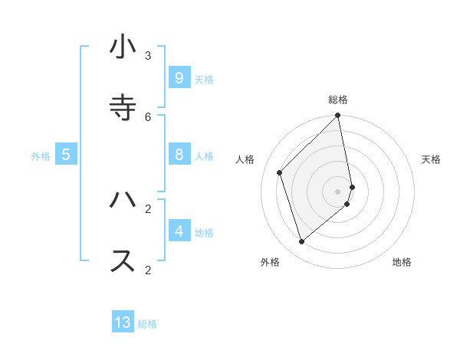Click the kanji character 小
(x=123, y=47)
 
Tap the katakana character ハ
(x=123, y=200)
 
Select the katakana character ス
(x=123, y=260)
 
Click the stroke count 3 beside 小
(x=148, y=56)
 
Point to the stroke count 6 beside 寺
(x=148, y=116)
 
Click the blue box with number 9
(x=179, y=78)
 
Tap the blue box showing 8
(x=179, y=155)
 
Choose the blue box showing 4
(x=179, y=231)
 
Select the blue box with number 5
(x=66, y=155)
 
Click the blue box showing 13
(x=123, y=322)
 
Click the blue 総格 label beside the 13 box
(x=147, y=324)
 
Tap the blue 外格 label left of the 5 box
(x=41, y=156)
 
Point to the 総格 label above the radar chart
(x=338, y=100)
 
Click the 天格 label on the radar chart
(x=431, y=159)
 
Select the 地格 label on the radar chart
(x=402, y=262)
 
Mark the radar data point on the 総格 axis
(x=338, y=116)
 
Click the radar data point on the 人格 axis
(x=280, y=172)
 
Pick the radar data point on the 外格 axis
(x=302, y=241)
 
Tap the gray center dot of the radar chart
(x=338, y=191)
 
